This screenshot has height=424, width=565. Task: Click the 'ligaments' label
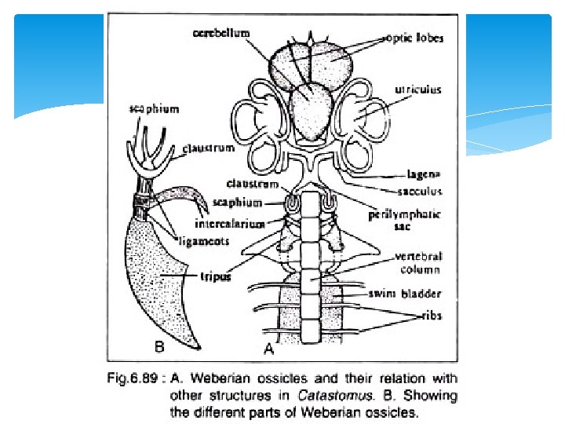pos(202,241)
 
